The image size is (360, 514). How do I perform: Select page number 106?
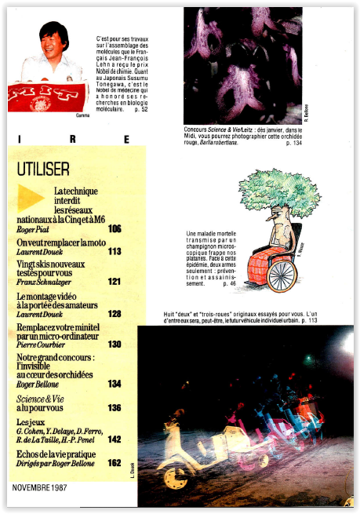coord(115,229)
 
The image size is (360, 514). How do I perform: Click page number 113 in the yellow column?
coord(115,252)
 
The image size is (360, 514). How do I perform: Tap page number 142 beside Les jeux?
coord(115,439)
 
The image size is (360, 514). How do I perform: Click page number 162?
coord(115,463)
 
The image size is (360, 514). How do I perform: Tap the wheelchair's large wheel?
coord(282,275)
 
